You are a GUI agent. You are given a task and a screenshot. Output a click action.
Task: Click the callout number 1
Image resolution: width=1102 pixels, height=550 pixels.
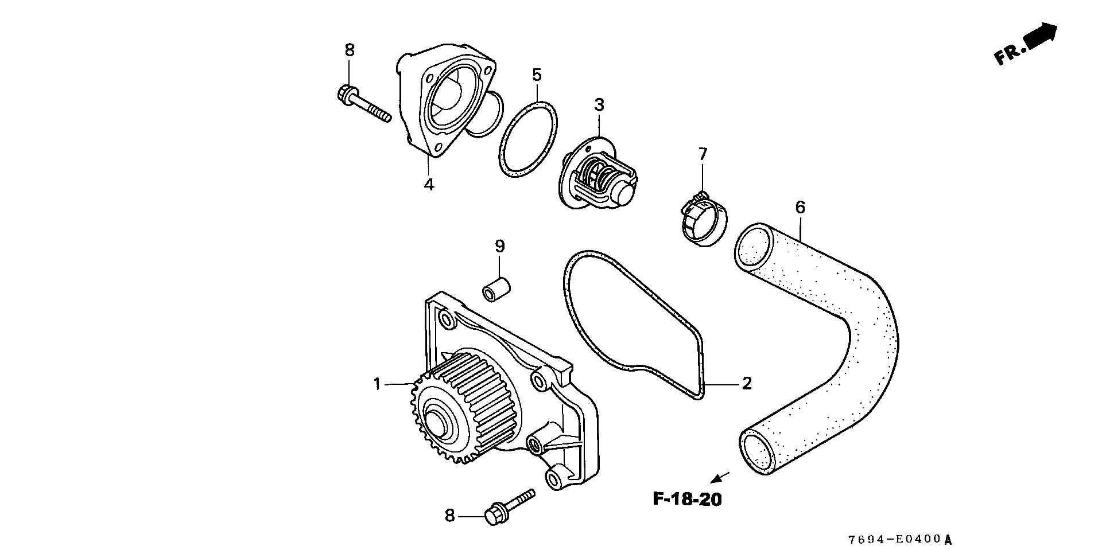(377, 384)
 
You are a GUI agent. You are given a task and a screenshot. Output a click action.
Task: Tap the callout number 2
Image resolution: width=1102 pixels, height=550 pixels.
(746, 383)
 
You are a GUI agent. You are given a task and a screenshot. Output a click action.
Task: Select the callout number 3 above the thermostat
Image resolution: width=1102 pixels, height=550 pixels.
(599, 105)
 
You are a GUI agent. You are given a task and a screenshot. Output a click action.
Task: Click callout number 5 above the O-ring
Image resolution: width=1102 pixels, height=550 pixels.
(537, 75)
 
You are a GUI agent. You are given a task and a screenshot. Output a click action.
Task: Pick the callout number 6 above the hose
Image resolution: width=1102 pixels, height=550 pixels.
(800, 207)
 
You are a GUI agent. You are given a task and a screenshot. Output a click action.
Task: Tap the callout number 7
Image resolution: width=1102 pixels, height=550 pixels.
(703, 154)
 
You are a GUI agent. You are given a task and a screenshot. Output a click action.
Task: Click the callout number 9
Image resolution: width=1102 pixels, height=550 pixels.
(500, 247)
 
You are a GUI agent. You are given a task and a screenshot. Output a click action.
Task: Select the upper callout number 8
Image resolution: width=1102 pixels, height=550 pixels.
(350, 50)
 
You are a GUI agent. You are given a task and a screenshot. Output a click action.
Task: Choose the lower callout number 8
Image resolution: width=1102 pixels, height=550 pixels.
(449, 516)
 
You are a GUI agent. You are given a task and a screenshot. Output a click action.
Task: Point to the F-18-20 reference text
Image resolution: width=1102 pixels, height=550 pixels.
(687, 499)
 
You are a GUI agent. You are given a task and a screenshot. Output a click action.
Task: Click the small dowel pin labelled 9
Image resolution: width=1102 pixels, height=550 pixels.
(496, 290)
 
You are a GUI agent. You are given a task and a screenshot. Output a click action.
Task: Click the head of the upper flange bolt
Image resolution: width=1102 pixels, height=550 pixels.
(347, 94)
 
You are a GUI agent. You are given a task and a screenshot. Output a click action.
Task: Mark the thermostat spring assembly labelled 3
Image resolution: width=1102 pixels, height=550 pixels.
(600, 176)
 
